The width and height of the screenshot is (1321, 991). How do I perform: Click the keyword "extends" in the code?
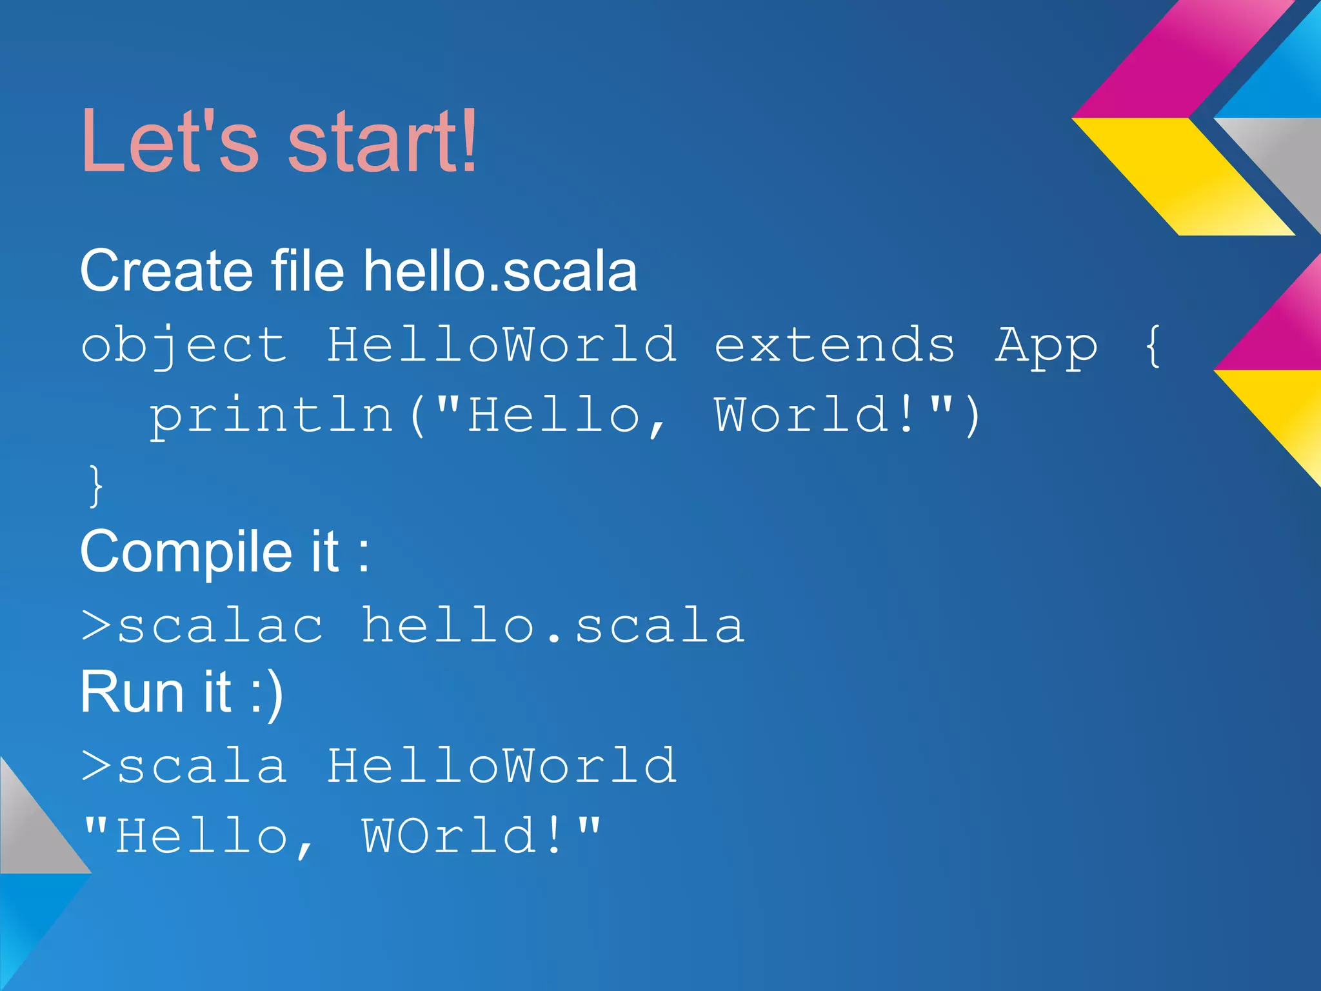[x=834, y=345]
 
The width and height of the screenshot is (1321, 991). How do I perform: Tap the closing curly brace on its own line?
[x=95, y=486]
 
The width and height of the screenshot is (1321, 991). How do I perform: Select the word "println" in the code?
[x=271, y=416]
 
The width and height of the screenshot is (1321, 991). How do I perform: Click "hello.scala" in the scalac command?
[x=553, y=626]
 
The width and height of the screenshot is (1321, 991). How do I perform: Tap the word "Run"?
[x=132, y=692]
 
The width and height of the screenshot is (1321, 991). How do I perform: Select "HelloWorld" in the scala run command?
[x=502, y=766]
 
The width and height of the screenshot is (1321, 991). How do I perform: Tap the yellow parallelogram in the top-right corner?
[x=1184, y=176]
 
